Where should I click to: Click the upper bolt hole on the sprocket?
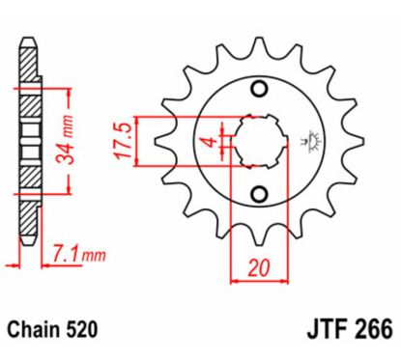click(258, 91)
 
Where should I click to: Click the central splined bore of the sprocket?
click(258, 142)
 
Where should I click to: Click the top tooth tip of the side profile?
click(30, 42)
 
